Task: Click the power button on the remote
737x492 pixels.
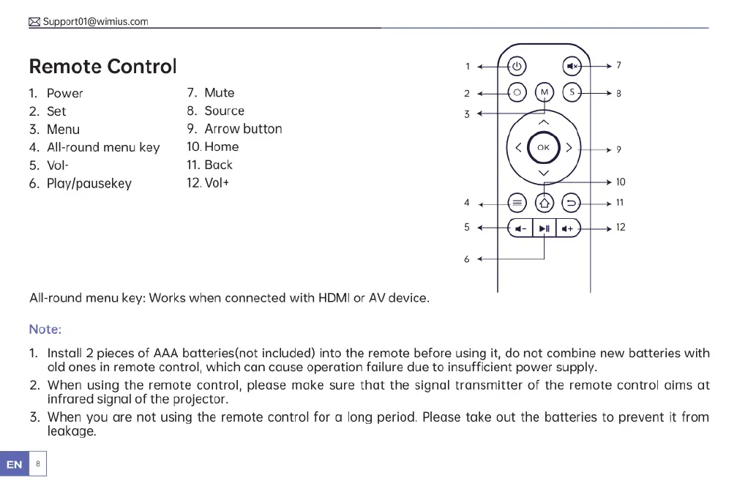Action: (x=517, y=66)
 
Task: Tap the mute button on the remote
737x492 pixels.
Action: (x=572, y=66)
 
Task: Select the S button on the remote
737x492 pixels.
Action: (x=572, y=93)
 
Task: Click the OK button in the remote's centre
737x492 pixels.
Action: (x=543, y=147)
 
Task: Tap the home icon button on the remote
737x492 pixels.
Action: (x=544, y=201)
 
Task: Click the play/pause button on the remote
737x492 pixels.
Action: (x=544, y=228)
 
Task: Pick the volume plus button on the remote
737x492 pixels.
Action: (x=568, y=228)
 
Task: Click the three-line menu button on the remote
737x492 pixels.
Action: (x=517, y=201)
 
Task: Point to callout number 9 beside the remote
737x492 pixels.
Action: (x=619, y=150)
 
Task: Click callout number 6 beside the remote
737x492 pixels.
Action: (x=467, y=259)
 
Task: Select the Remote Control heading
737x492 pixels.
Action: (x=102, y=67)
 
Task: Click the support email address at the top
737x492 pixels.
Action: (x=95, y=21)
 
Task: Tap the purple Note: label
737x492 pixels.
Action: (x=45, y=330)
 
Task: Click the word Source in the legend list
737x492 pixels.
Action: (x=225, y=111)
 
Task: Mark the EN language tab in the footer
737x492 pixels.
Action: (x=14, y=464)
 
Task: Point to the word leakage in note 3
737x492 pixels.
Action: (x=72, y=432)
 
